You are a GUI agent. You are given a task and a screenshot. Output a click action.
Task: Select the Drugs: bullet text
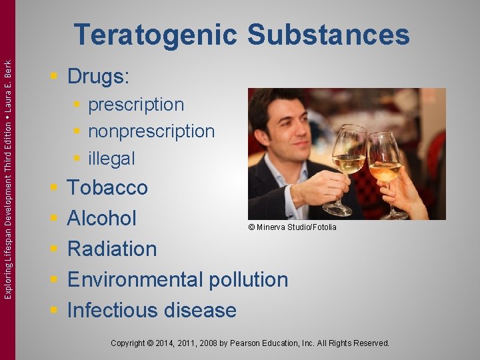[99, 77]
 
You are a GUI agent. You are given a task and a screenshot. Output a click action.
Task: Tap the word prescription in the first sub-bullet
[136, 105]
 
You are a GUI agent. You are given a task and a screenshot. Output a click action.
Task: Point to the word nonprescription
[151, 131]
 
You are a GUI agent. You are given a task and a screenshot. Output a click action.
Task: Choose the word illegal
[111, 159]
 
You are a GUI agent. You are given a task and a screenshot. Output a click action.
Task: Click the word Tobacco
[107, 187]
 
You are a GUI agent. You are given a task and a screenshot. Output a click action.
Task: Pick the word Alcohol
[102, 218]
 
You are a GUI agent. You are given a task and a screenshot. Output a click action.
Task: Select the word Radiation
[112, 249]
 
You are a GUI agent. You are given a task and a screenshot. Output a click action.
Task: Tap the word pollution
[249, 279]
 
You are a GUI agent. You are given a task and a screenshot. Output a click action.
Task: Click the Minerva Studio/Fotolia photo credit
[292, 227]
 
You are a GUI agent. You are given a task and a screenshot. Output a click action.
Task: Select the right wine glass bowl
[385, 160]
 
